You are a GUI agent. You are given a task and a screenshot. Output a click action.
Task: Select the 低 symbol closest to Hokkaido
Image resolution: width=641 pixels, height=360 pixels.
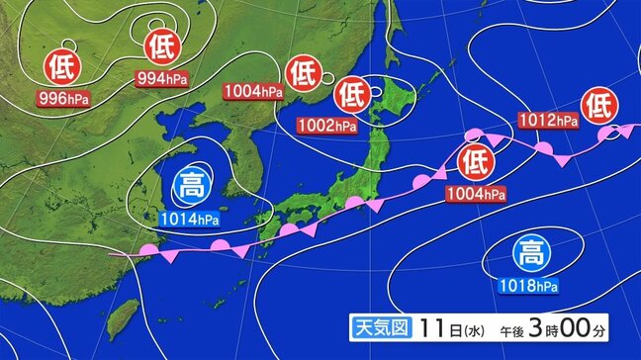[x=351, y=96]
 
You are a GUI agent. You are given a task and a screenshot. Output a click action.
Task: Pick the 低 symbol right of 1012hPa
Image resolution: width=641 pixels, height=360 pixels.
[x=599, y=104]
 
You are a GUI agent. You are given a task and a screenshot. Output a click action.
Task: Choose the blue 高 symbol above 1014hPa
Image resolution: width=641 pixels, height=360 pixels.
[x=190, y=185]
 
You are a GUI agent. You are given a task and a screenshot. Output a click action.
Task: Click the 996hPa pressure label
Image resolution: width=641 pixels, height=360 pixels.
[x=62, y=98]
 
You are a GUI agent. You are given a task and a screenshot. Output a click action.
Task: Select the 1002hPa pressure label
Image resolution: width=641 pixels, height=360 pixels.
[x=328, y=126]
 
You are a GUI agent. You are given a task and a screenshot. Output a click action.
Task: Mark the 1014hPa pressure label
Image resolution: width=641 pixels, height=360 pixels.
[x=190, y=218]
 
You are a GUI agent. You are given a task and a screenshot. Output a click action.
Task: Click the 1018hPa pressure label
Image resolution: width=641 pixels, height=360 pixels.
[x=531, y=287]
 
